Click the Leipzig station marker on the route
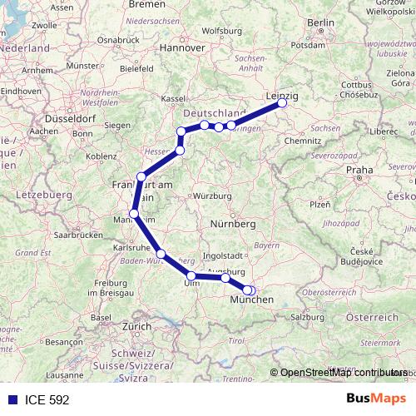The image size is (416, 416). (282, 103)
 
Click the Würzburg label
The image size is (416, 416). (210, 196)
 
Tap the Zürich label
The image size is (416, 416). (136, 327)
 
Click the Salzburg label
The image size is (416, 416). (307, 317)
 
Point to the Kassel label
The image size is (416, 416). (173, 98)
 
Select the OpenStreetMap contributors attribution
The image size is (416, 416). (341, 374)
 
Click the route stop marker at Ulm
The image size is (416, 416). (191, 276)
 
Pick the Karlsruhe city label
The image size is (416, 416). (131, 248)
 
